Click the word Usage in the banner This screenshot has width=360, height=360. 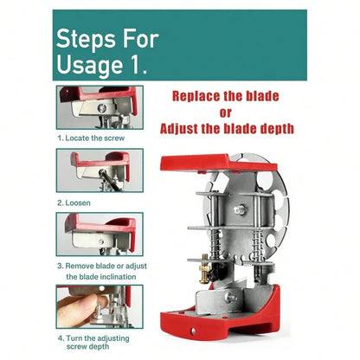click(89, 65)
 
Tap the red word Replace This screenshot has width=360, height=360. click(195, 96)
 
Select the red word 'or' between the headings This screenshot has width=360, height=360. click(225, 112)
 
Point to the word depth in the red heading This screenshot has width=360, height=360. click(277, 129)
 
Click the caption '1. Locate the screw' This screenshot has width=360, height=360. click(91, 138)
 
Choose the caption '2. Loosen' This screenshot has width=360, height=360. click(74, 202)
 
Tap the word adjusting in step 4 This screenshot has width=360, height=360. click(113, 338)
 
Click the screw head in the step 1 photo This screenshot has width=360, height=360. click(101, 108)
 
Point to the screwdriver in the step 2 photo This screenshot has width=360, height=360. click(109, 180)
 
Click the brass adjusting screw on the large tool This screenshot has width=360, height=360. click(204, 270)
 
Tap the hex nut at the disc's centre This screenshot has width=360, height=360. click(240, 209)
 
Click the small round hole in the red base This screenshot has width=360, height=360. click(193, 331)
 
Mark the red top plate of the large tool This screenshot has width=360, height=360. click(219, 164)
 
